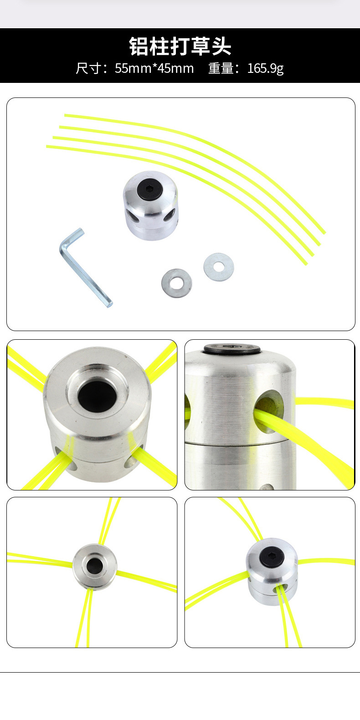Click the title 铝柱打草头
(x=180, y=46)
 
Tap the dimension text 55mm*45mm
(x=154, y=68)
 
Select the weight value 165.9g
(x=265, y=68)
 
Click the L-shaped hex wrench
(x=84, y=267)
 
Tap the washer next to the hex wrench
(x=177, y=283)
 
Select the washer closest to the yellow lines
(x=219, y=267)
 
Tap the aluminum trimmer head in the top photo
(x=150, y=206)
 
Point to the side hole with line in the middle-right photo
(x=268, y=411)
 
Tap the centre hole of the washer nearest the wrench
(x=177, y=283)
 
